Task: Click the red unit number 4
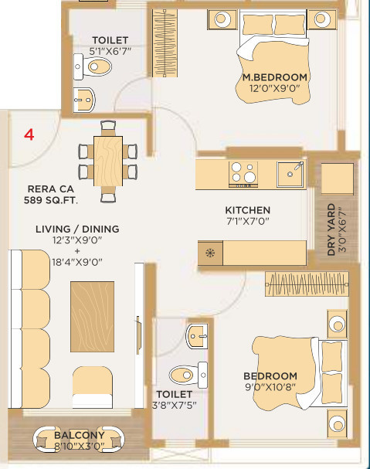(29, 134)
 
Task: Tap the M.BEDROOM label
(274, 77)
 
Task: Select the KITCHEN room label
(248, 210)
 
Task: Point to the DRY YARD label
(331, 229)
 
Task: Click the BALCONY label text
(80, 435)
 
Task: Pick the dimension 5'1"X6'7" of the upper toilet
(110, 51)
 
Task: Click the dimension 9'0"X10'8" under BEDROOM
(270, 387)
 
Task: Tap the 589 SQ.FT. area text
(50, 200)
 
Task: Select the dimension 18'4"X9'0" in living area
(77, 263)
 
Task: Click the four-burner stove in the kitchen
(243, 174)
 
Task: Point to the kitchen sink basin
(290, 174)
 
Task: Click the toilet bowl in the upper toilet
(93, 66)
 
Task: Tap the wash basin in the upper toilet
(84, 100)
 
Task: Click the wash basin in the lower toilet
(197, 336)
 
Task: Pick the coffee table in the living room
(92, 317)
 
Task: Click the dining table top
(108, 161)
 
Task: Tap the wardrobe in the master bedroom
(165, 43)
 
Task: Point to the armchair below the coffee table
(93, 387)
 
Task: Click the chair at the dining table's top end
(108, 128)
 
